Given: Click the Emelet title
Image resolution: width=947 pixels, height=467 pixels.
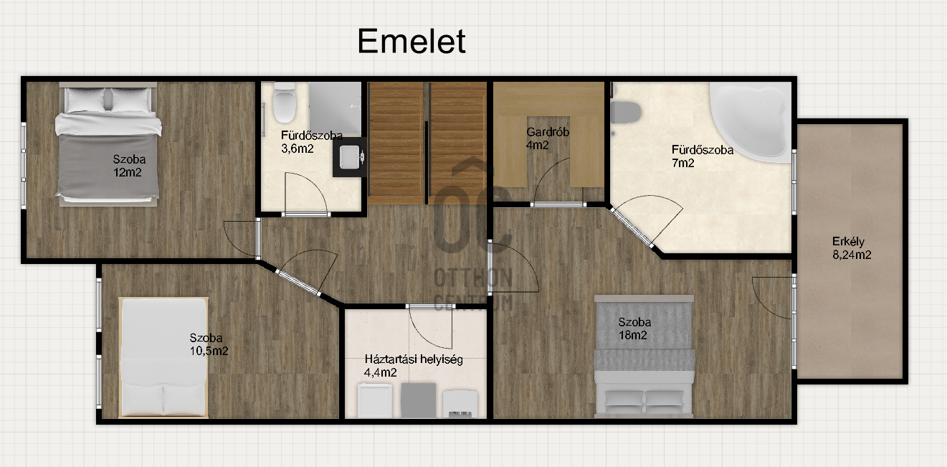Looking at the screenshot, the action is click(411, 42).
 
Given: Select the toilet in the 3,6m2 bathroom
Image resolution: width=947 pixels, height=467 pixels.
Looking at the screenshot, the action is click(284, 103).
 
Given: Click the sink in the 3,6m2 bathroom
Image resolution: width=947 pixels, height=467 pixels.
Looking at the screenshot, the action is click(350, 156).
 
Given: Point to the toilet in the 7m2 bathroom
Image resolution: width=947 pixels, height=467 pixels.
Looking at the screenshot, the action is click(626, 113).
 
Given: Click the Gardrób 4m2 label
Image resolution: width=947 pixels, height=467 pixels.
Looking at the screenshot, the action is click(548, 138).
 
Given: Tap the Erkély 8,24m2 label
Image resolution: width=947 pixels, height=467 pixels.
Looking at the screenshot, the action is click(852, 248).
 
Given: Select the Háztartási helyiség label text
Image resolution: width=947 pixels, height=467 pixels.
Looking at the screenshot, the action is click(414, 359).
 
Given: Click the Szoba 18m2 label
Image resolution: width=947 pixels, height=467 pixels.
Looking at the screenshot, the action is click(634, 329).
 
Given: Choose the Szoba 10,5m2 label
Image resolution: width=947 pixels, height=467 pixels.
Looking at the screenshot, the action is click(209, 344).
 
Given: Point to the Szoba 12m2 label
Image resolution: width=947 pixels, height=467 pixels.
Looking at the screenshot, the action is click(129, 166).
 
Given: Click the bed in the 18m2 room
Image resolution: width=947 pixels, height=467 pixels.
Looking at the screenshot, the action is click(644, 357).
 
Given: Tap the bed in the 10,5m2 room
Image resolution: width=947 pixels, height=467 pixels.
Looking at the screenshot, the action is click(163, 357).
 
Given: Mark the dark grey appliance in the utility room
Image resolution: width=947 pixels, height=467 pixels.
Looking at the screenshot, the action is click(418, 400).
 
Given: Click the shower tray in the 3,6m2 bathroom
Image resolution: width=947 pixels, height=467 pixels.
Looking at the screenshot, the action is click(336, 108).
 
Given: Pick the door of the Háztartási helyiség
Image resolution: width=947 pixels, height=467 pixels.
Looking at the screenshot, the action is click(429, 326).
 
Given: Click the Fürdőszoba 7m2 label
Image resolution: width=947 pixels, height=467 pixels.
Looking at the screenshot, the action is click(702, 156).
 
